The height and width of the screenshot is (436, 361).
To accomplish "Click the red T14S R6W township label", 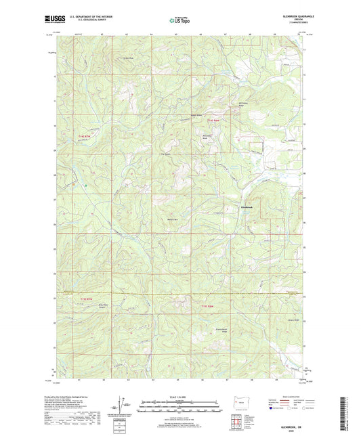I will point(214,120).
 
